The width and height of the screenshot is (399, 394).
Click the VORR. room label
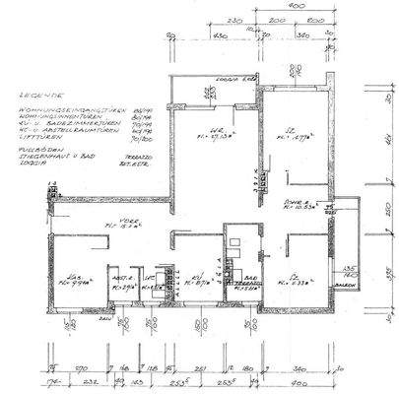(127, 222)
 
